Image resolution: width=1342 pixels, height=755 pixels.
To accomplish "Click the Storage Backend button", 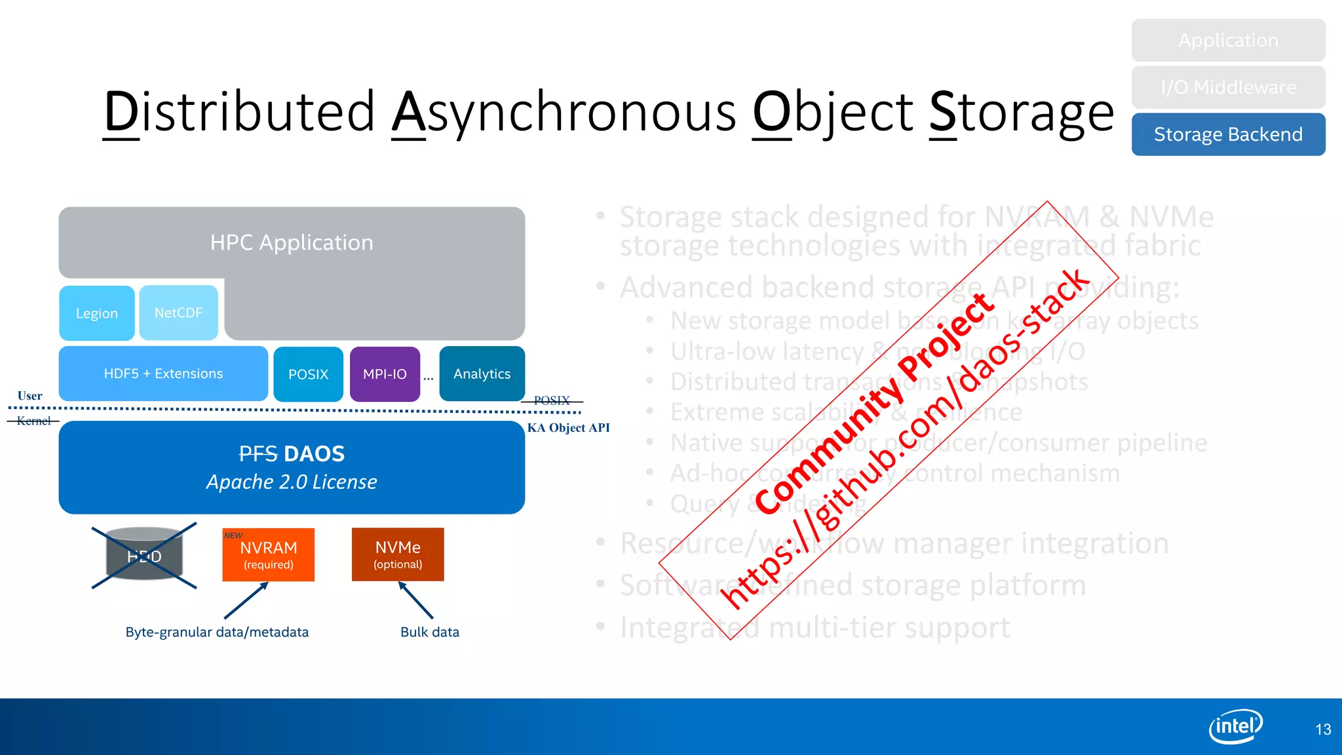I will click(x=1227, y=134).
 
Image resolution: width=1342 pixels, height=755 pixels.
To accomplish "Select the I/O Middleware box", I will click(x=1227, y=87).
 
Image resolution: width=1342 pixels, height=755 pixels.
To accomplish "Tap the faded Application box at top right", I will click(x=1227, y=41).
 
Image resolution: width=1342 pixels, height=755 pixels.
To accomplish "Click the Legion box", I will click(x=97, y=313).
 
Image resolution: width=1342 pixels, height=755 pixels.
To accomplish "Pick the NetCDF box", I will click(x=178, y=313).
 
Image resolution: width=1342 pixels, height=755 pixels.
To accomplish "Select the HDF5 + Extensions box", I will click(x=163, y=374).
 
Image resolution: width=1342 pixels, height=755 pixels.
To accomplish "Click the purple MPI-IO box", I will click(x=385, y=374).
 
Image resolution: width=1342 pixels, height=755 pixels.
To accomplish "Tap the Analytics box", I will click(x=482, y=374).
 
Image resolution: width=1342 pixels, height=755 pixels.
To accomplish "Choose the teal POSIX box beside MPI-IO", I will click(x=308, y=374).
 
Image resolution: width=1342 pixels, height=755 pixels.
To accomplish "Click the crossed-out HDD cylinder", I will click(x=144, y=556).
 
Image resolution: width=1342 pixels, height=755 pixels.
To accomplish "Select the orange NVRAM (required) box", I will click(x=268, y=554).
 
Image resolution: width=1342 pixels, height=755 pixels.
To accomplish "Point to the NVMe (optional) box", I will click(x=398, y=554).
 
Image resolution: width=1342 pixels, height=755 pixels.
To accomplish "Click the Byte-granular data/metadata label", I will click(x=217, y=632).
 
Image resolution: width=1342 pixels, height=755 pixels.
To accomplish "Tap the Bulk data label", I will click(x=430, y=632).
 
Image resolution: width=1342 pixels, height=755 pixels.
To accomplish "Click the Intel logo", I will click(x=1235, y=726).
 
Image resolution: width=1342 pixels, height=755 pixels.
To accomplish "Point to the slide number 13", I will click(x=1322, y=729).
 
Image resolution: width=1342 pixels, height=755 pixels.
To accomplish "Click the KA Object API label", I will click(x=568, y=428).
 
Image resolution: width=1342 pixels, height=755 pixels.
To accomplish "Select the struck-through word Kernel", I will click(x=33, y=421).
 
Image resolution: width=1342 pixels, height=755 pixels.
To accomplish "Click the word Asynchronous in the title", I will click(x=564, y=112).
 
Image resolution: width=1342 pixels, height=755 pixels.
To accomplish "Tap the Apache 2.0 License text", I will click(x=292, y=482).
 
